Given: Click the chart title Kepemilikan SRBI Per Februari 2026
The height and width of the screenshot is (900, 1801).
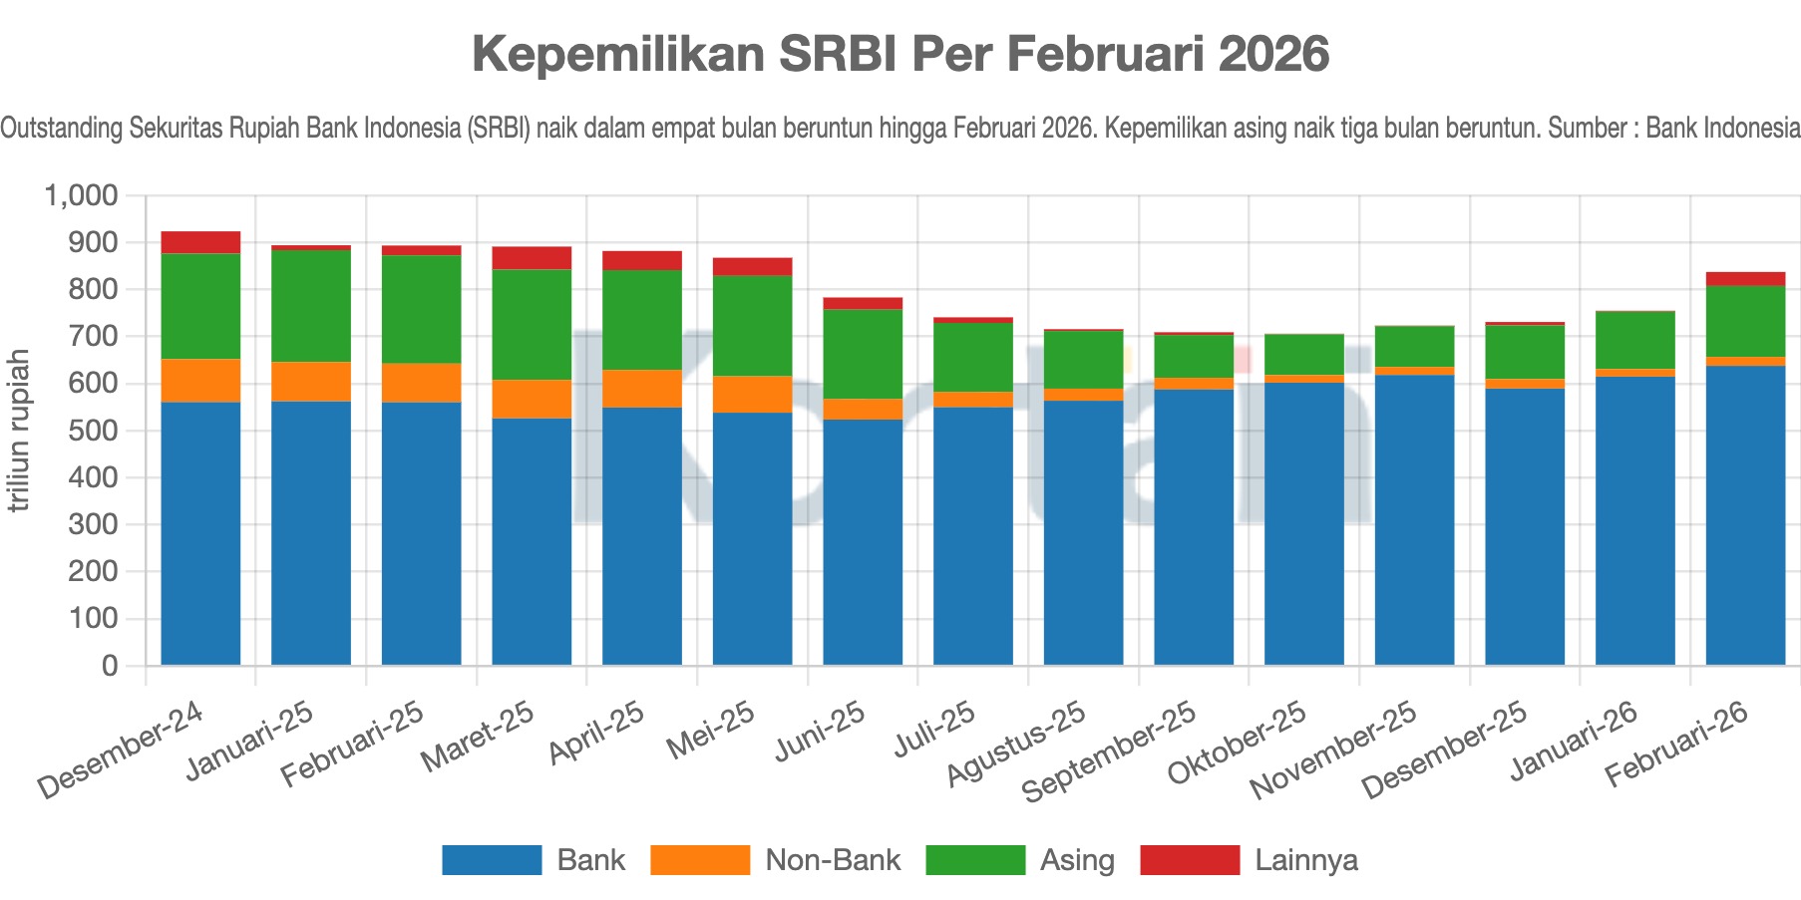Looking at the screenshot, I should coord(900,54).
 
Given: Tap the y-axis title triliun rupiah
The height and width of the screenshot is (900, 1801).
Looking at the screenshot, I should coord(18,431).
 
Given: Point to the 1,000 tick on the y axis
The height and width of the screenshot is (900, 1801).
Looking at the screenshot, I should coord(81,195).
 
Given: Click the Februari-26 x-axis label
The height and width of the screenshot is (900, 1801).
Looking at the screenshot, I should coord(1678,744).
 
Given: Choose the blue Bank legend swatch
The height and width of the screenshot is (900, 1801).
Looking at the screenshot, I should coord(492,860).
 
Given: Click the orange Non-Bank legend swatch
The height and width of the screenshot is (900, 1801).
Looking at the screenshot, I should coord(699,860).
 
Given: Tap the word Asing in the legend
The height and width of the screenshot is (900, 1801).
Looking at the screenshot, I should coord(1077,860).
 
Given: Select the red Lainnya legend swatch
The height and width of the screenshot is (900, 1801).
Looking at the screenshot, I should coord(1190,860).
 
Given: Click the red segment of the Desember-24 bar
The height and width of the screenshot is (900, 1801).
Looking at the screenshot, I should coord(200,242).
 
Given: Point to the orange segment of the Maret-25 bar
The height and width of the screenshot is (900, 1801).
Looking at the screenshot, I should coord(532,399).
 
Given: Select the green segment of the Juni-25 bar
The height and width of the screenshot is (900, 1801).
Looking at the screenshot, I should coord(863,354).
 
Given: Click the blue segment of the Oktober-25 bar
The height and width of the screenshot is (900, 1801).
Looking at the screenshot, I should coord(1304,523).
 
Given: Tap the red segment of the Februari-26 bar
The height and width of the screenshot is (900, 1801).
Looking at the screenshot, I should coord(1745,279).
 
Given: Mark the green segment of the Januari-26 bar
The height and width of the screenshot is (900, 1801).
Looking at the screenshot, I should coord(1635,340).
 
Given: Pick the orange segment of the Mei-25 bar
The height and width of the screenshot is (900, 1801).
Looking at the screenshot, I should coord(752,394).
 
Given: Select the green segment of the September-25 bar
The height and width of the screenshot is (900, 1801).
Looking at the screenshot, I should coord(1194,356).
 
